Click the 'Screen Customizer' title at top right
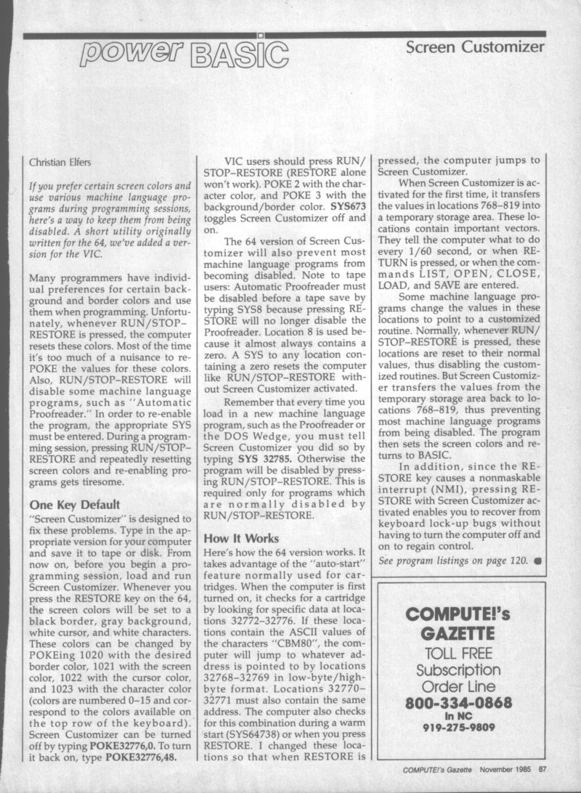pyautogui.click(x=475, y=48)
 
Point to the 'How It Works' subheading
pyautogui.click(x=243, y=539)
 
